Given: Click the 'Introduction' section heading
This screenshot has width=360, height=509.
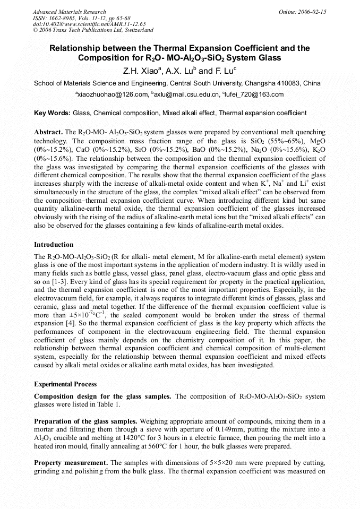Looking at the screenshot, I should pyautogui.click(x=54, y=245).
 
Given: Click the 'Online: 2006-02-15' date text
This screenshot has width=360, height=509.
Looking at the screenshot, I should pyautogui.click(x=302, y=12).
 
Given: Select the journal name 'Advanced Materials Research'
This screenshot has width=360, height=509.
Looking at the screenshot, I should pyautogui.click(x=69, y=12).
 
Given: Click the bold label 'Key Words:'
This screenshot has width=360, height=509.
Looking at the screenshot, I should pyautogui.click(x=52, y=113).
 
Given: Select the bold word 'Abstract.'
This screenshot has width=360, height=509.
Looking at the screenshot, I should pyautogui.click(x=48, y=131).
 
